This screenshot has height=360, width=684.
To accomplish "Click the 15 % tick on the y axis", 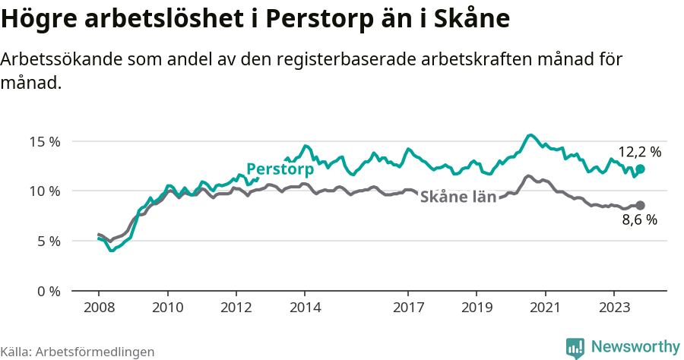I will click(45, 141).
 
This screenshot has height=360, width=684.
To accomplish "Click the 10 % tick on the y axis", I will click(45, 191).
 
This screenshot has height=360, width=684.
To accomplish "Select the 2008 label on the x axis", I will click(99, 308).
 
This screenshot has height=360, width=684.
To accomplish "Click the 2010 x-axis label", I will click(167, 308).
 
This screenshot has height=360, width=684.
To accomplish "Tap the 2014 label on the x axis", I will click(304, 308).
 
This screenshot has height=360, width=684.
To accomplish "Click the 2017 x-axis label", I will click(407, 308).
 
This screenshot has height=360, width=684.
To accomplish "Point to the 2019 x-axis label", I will click(476, 308).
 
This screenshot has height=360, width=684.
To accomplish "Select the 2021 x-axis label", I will click(544, 308).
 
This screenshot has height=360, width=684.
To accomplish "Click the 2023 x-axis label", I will click(613, 308).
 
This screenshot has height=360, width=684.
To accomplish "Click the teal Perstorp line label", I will click(280, 169).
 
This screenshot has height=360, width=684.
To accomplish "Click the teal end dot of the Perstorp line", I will click(640, 169).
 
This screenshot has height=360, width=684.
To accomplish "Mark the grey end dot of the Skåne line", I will click(640, 205).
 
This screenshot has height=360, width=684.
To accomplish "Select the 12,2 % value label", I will click(639, 152).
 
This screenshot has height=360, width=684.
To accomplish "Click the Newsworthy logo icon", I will click(575, 347).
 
